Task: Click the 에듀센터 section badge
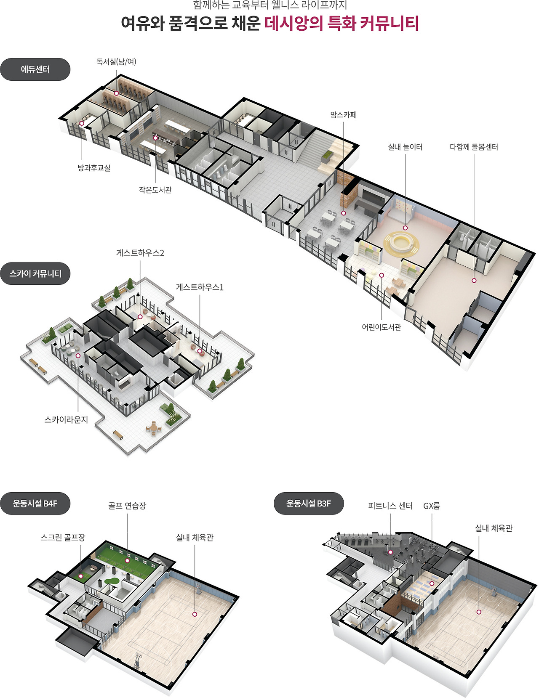point(35,69)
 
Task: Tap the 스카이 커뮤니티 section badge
point(35,273)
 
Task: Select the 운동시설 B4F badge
point(35,504)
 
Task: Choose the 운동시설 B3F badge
point(309,504)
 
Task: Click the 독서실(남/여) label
point(116,61)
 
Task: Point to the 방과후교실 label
point(94,168)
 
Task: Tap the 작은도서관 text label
point(155,190)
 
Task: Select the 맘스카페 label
point(344,114)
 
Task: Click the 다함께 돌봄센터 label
point(474,147)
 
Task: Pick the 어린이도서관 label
point(382,327)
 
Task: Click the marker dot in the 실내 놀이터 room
point(405,228)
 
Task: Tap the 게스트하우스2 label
point(140,253)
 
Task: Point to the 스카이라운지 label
point(66,419)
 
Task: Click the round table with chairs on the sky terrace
point(154,428)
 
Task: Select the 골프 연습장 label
point(127,506)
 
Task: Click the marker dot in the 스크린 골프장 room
point(81,576)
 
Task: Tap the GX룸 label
point(432,506)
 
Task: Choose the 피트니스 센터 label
point(390,506)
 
